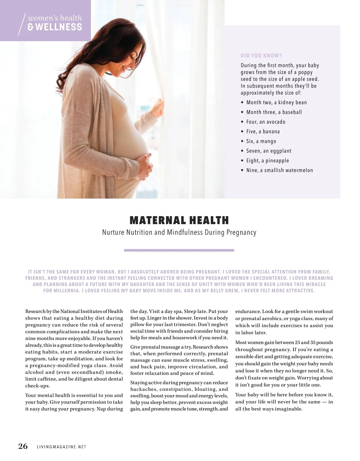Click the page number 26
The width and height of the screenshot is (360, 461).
23,446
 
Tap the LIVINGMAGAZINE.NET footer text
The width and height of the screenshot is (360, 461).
61,447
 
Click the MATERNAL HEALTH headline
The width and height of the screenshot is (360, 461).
179,220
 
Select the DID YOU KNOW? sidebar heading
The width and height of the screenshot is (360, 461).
261,56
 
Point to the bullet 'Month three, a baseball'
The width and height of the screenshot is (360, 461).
274,112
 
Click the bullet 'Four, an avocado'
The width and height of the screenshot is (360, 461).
266,122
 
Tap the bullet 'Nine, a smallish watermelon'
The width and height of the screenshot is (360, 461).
279,170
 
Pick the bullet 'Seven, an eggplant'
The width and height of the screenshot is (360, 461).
268,151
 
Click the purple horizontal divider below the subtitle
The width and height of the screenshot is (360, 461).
179,250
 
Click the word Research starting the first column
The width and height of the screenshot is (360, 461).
35,311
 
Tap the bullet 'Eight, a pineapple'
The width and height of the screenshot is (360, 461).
267,161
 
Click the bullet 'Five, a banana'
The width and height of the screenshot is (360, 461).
263,132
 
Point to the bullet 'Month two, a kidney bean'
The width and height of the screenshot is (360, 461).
276,103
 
